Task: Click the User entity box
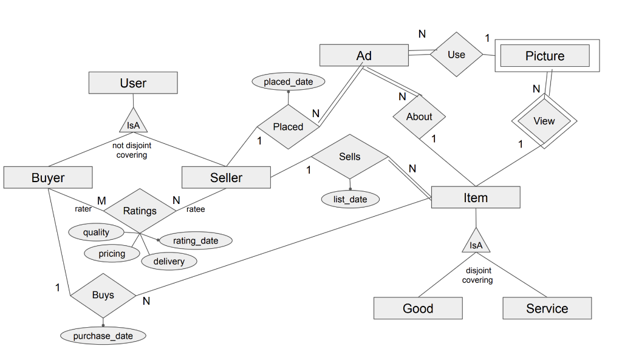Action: click(x=133, y=83)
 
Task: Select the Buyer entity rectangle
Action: click(x=48, y=177)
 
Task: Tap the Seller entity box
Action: click(x=226, y=177)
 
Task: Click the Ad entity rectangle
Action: click(x=364, y=56)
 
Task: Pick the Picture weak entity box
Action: click(x=545, y=56)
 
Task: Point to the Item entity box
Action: click(x=476, y=198)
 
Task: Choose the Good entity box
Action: click(x=418, y=308)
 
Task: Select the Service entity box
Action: click(x=547, y=308)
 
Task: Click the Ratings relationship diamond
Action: click(x=140, y=211)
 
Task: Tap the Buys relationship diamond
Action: click(x=103, y=295)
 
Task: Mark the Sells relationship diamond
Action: click(x=349, y=157)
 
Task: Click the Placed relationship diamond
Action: click(x=288, y=127)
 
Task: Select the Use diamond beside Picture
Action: click(x=456, y=55)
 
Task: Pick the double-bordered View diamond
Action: click(x=544, y=121)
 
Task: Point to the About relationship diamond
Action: click(x=419, y=117)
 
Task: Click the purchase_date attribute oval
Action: click(x=104, y=336)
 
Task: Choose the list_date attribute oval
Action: click(x=350, y=199)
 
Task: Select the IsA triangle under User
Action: click(x=132, y=123)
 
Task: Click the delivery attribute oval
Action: click(x=169, y=261)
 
